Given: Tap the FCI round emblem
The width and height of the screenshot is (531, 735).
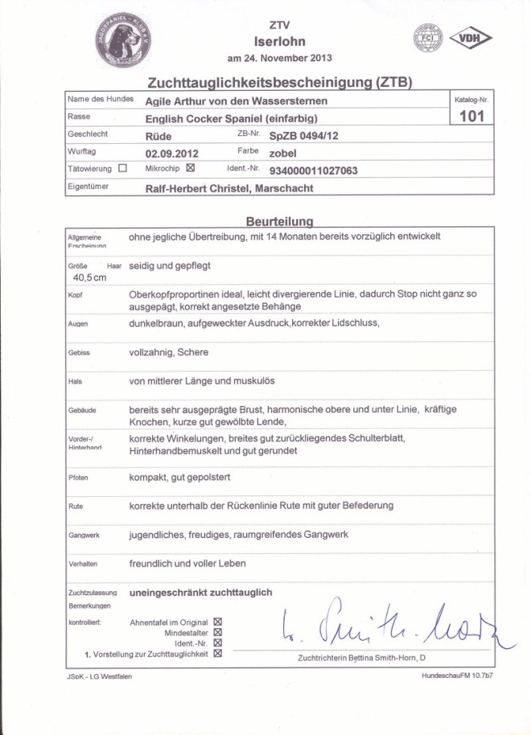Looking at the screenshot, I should pyautogui.click(x=428, y=38).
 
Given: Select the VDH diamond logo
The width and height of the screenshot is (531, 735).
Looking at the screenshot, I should pyautogui.click(x=471, y=38).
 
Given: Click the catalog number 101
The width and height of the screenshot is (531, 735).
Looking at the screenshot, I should pyautogui.click(x=471, y=117).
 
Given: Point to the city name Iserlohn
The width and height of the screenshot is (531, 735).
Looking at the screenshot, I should pyautogui.click(x=279, y=42).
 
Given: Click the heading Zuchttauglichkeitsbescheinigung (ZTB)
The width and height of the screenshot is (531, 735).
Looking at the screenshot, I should pyautogui.click(x=279, y=84).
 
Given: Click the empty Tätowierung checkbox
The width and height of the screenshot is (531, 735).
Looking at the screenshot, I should pyautogui.click(x=122, y=169).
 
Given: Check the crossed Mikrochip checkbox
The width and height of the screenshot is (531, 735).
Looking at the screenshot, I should pyautogui.click(x=190, y=169).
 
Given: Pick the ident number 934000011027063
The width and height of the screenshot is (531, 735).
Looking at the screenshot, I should pyautogui.click(x=313, y=170).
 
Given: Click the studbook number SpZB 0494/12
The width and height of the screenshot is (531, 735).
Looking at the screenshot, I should pyautogui.click(x=304, y=136).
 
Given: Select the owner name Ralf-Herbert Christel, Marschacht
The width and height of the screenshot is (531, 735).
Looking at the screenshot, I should pyautogui.click(x=229, y=188).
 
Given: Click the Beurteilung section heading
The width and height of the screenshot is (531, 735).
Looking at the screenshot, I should pyautogui.click(x=279, y=220).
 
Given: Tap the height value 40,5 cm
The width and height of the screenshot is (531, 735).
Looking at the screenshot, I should pyautogui.click(x=88, y=277).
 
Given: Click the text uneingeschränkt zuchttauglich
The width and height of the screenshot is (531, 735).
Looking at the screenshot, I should pyautogui.click(x=200, y=593).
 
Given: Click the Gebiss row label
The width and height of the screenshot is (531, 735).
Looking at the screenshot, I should pyautogui.click(x=78, y=353).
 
